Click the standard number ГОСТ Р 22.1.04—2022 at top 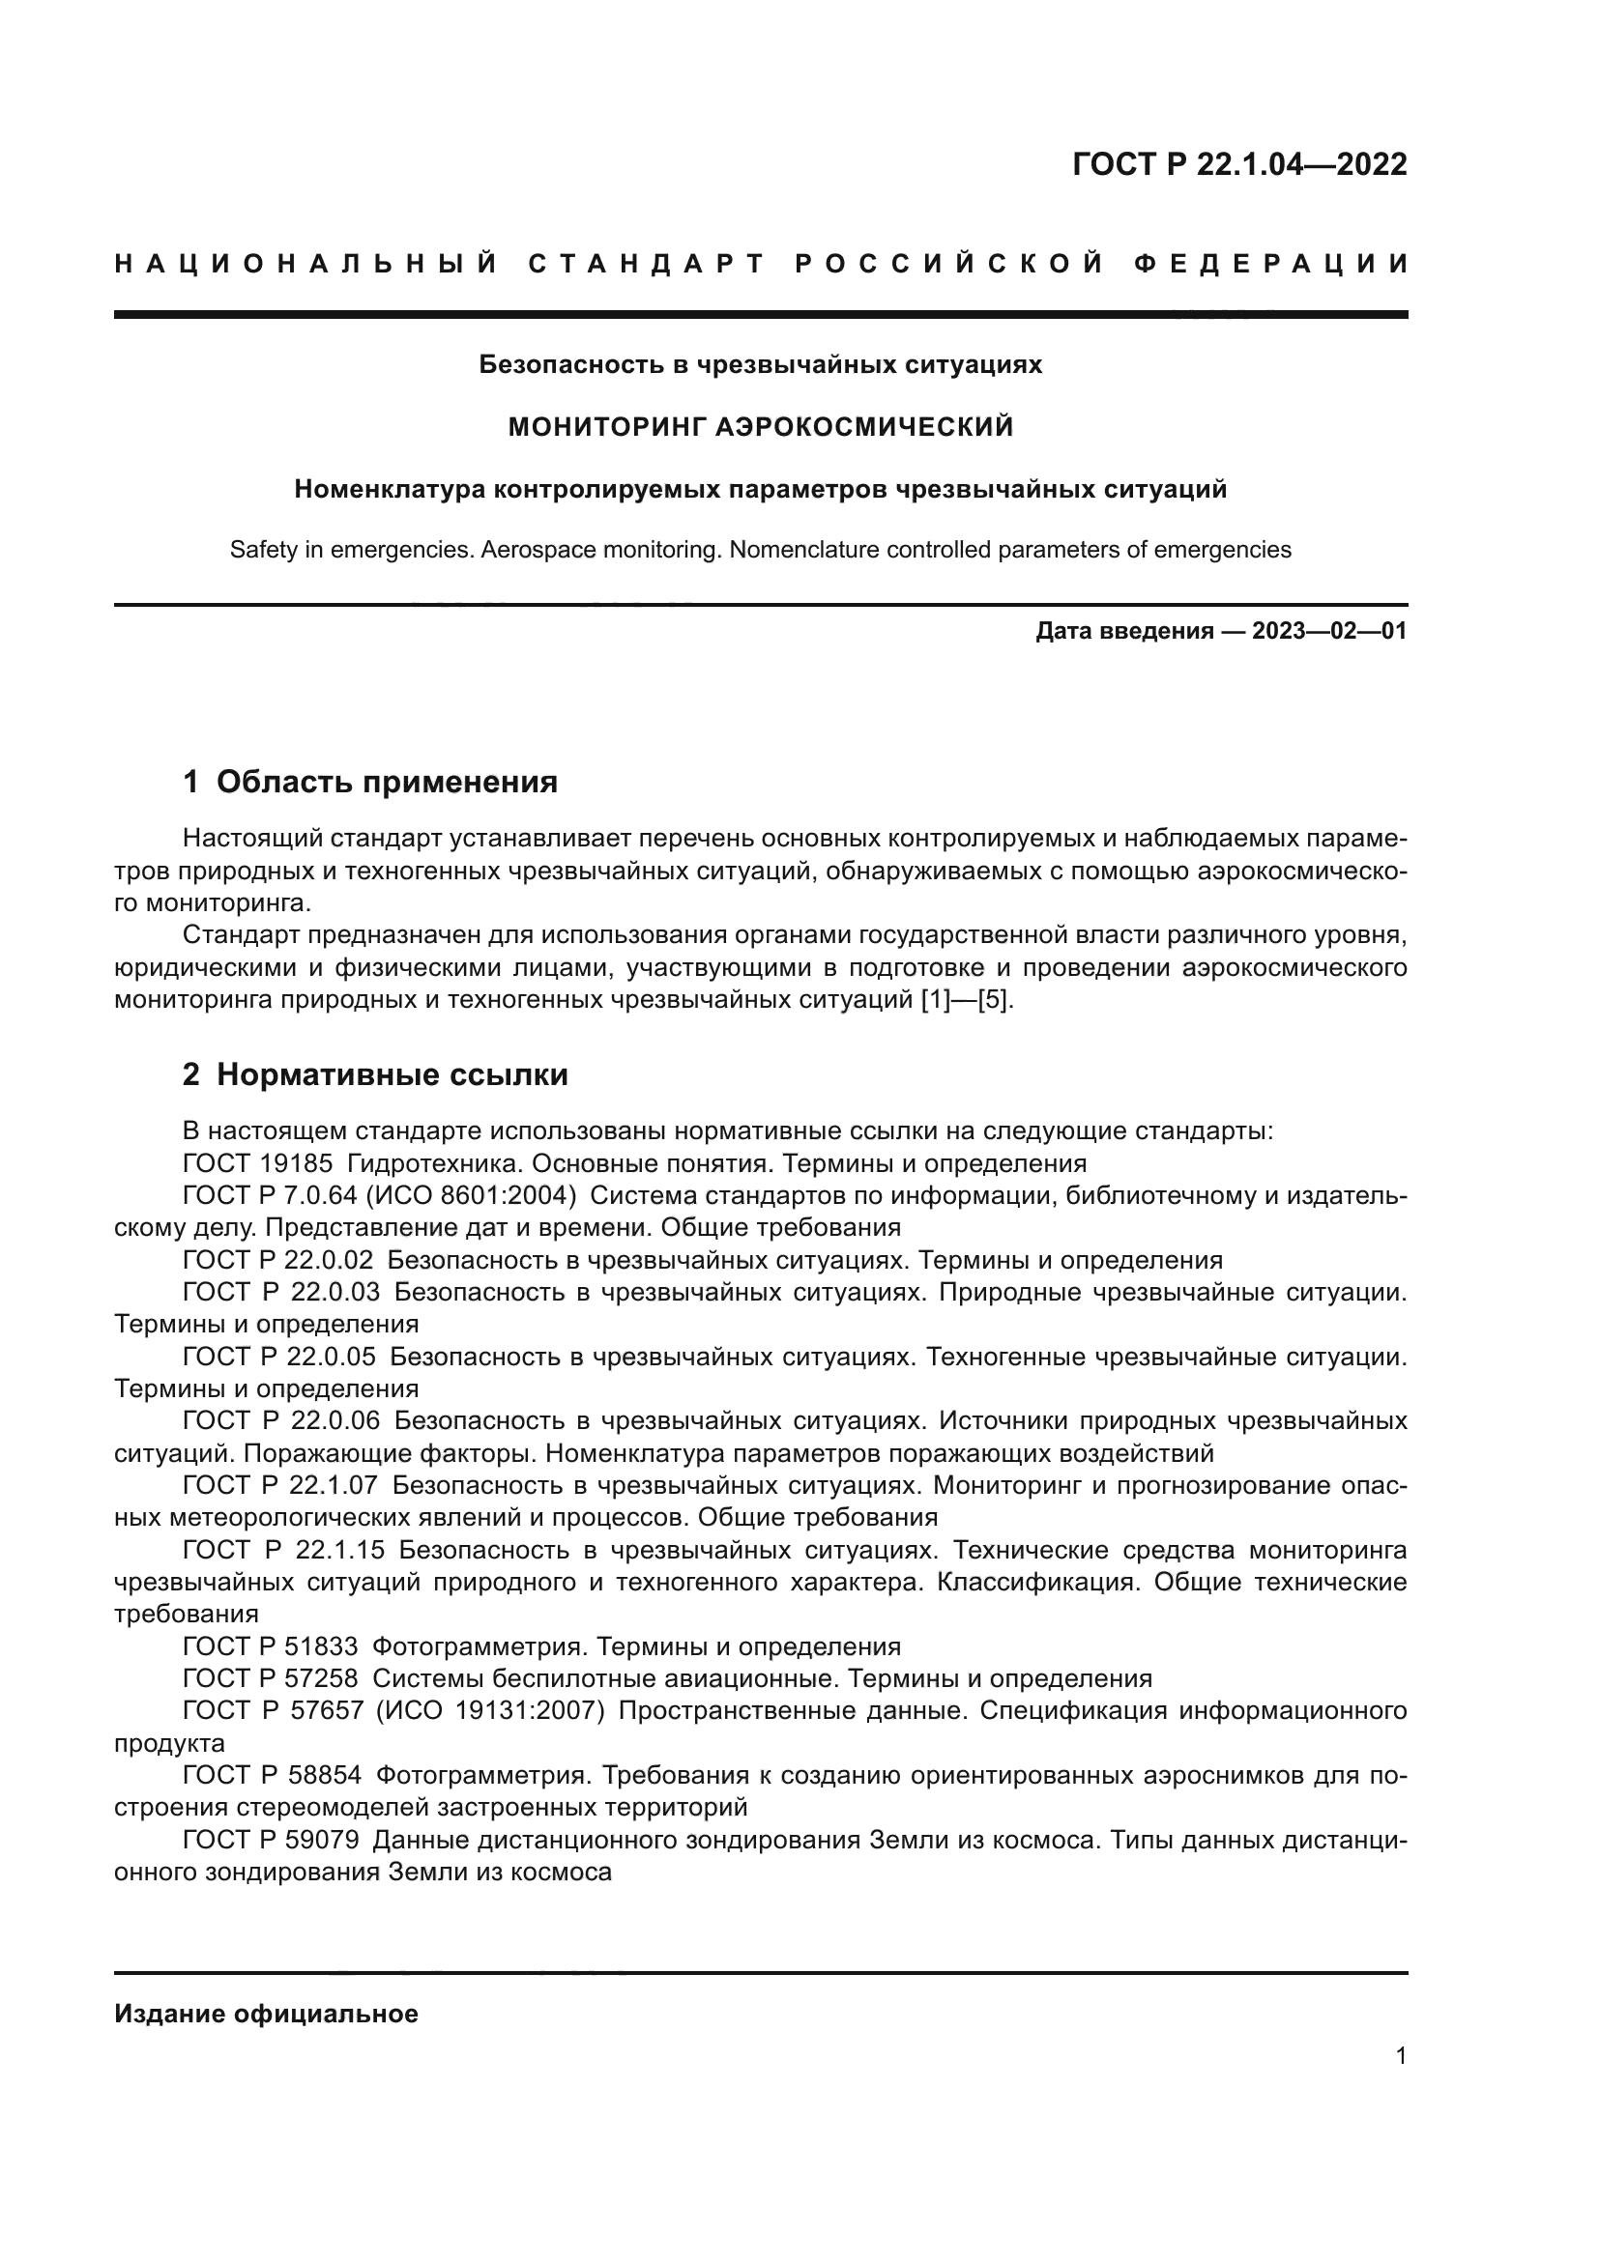[1238, 164]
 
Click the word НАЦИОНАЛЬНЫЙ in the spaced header [306, 264]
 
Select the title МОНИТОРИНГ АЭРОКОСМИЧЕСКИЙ [760, 426]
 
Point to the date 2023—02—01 [1329, 631]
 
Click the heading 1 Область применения [370, 782]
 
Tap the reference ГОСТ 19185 [258, 1163]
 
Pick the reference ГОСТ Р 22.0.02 [278, 1260]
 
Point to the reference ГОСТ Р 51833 [271, 1645]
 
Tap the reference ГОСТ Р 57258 [271, 1678]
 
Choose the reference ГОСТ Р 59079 [271, 1839]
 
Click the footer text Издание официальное [266, 2014]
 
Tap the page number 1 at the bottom [1401, 2055]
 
